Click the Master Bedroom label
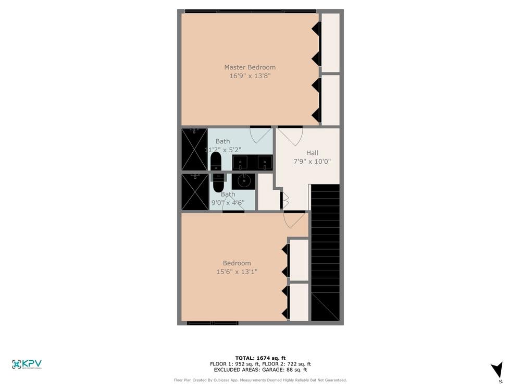point(250,67)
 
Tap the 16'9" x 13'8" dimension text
point(250,76)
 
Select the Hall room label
point(312,153)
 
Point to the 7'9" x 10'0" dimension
point(312,162)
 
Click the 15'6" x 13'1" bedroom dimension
point(237,272)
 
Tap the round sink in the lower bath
point(242,181)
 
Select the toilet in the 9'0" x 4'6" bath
point(218,184)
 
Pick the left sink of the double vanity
point(240,163)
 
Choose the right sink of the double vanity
point(265,163)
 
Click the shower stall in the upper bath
point(194,149)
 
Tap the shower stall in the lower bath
point(194,192)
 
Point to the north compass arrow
point(498,370)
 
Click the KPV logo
point(27,364)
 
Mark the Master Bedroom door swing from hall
point(289,137)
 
